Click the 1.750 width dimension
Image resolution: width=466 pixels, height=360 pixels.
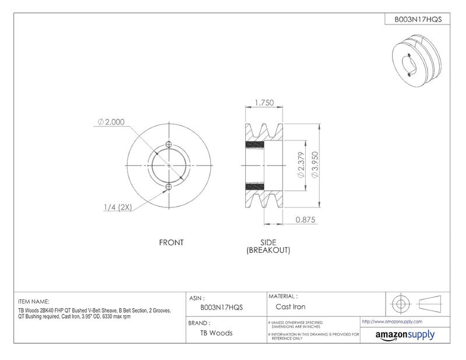(264, 103)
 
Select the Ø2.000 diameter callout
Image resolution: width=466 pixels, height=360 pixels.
(111, 122)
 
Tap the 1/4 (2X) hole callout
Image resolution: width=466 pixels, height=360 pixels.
(118, 207)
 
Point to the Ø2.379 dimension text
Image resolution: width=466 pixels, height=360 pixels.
(301, 165)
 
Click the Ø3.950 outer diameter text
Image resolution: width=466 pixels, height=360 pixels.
(315, 165)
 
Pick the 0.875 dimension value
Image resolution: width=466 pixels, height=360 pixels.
(305, 220)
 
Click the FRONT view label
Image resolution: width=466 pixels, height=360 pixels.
(171, 242)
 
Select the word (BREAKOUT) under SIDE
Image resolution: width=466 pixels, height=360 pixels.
(268, 250)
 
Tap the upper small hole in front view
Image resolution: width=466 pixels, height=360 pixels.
(169, 144)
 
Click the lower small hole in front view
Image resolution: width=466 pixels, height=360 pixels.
(169, 186)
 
